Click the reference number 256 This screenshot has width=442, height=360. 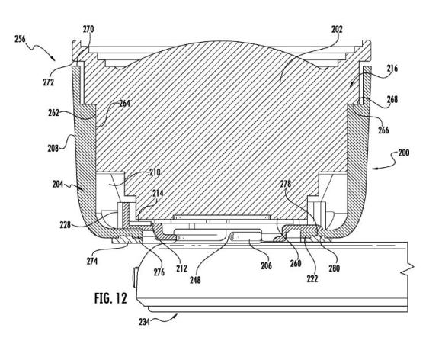click(20, 39)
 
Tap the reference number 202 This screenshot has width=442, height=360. click(337, 29)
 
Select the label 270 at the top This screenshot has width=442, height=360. click(88, 29)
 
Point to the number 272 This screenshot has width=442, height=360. click(49, 82)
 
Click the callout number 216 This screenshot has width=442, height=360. click(392, 68)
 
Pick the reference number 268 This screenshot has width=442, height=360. click(392, 99)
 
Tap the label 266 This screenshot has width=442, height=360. click(383, 130)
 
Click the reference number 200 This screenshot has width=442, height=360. click(404, 153)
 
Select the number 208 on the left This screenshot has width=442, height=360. click(53, 148)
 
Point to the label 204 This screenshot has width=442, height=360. click(58, 185)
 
